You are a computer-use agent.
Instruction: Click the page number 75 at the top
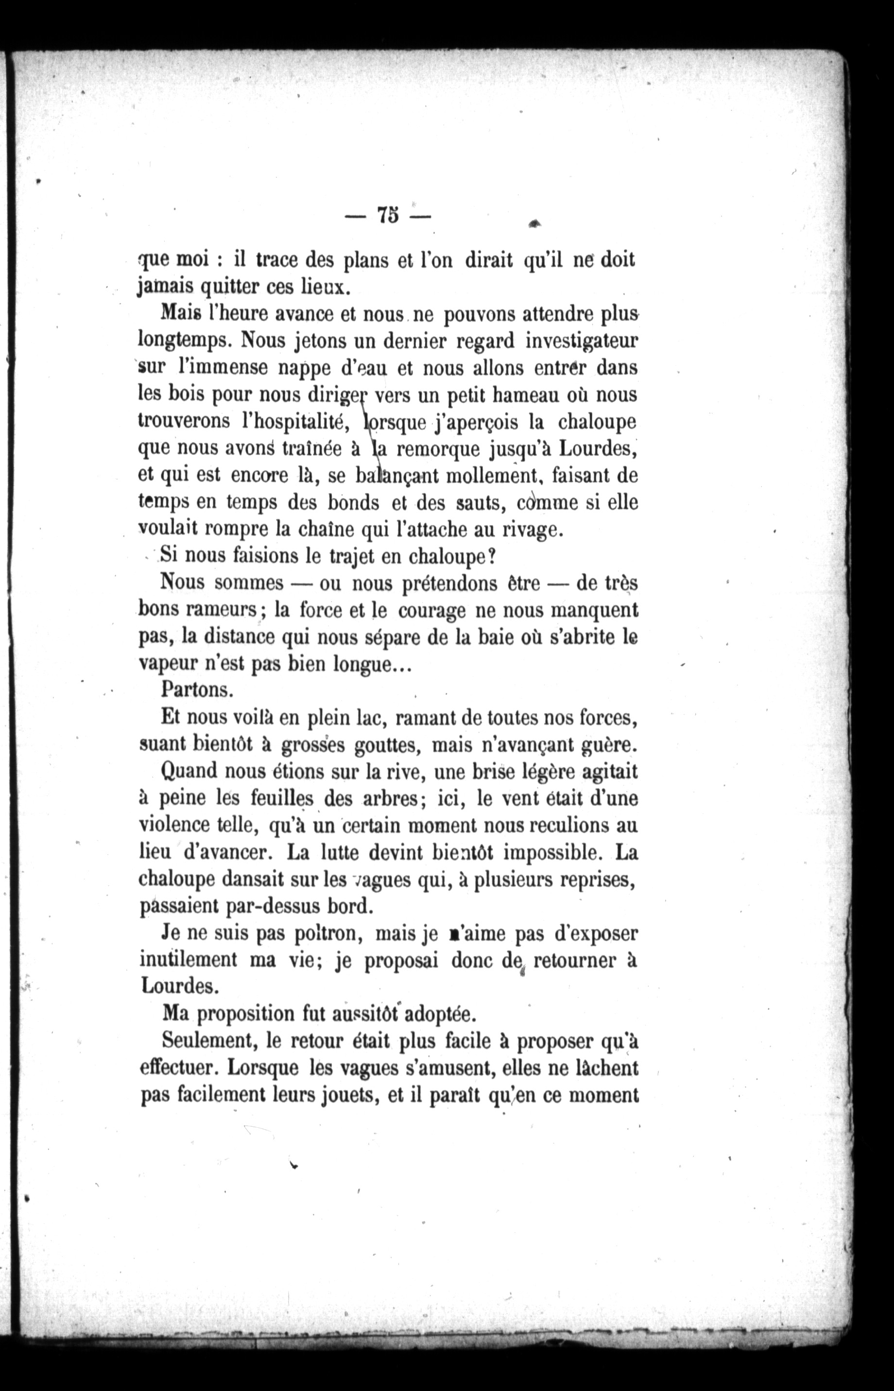[388, 215]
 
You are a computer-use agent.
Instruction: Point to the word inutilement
[189, 960]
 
